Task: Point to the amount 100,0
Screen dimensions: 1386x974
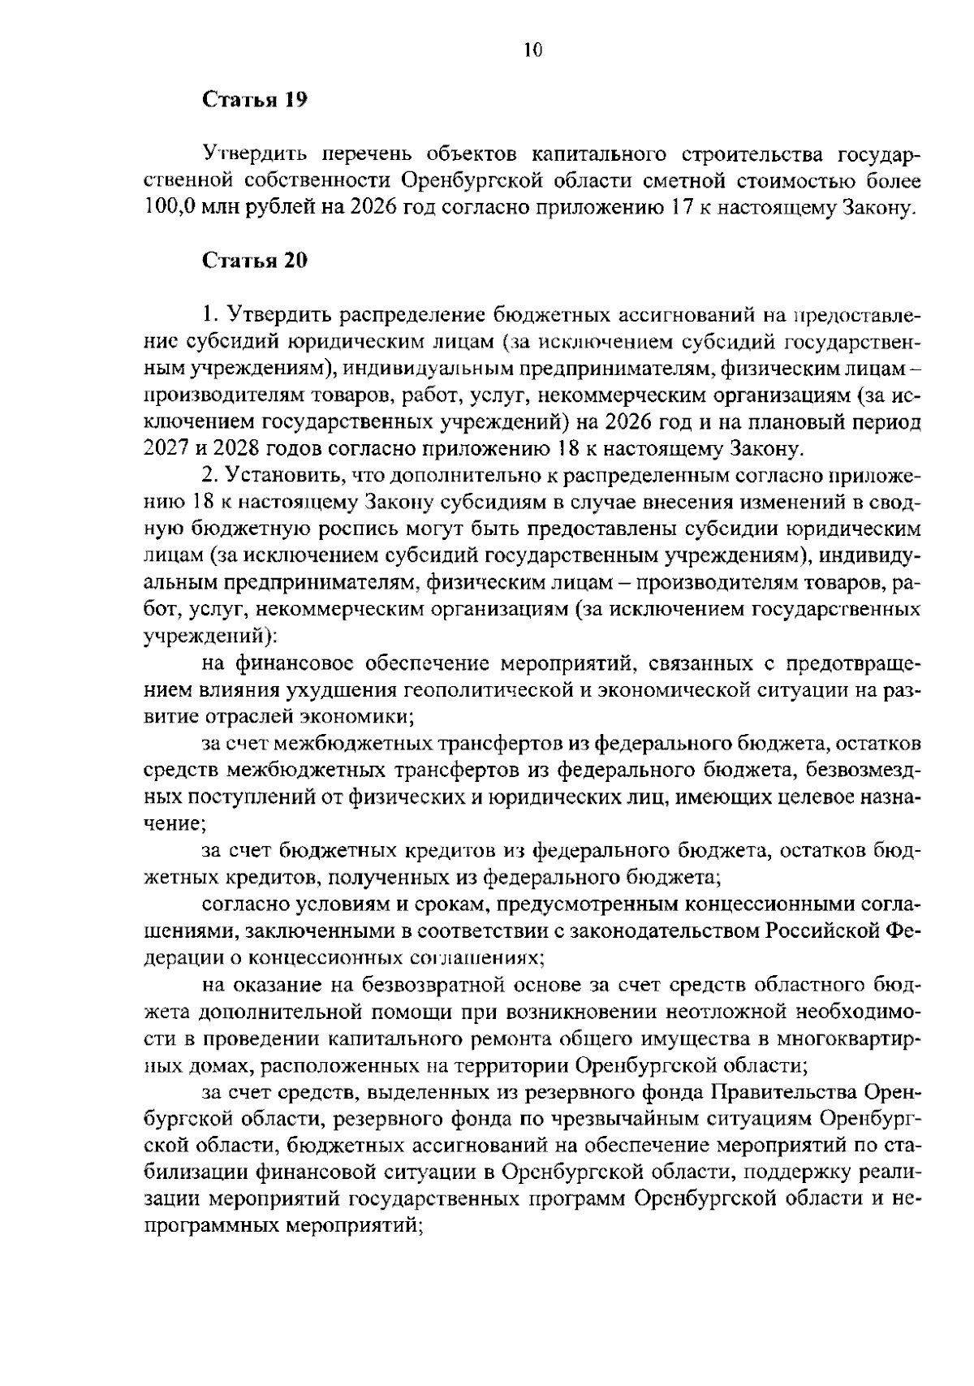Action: [x=170, y=207]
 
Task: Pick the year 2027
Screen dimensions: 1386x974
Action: [x=166, y=448]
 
